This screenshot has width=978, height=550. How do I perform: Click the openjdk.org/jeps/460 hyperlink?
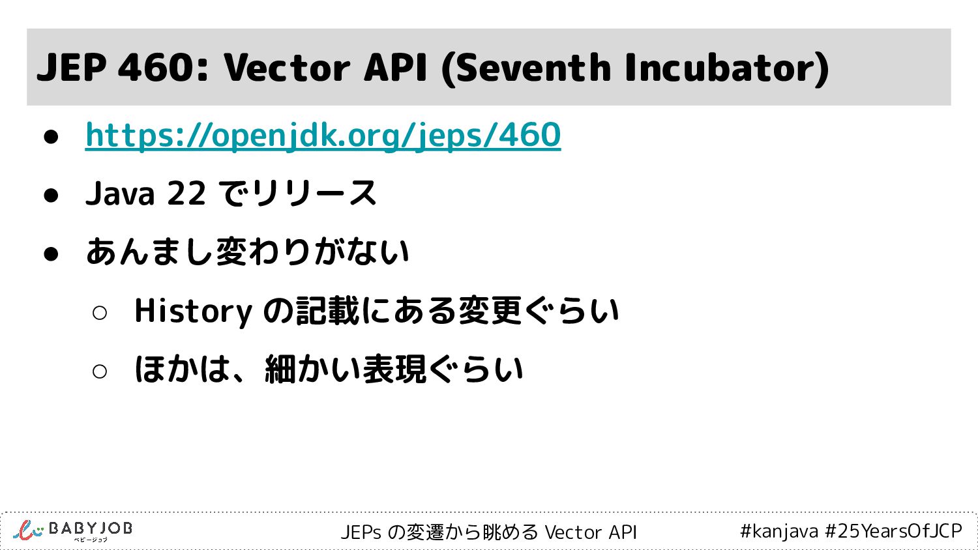323,136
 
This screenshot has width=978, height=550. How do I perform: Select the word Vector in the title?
287,68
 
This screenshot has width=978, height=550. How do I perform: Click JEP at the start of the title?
71,68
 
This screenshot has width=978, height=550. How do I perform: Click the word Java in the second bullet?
120,194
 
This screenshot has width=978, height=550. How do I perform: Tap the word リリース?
314,193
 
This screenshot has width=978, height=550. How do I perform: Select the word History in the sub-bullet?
194,311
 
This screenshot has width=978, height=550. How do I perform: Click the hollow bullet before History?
100,313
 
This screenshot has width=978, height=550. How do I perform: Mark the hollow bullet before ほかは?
100,371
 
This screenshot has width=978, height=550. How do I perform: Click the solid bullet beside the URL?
51,137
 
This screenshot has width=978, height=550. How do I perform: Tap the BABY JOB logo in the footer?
72,531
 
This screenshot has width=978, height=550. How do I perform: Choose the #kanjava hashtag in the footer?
779,531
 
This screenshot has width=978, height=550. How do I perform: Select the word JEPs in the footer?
361,532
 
